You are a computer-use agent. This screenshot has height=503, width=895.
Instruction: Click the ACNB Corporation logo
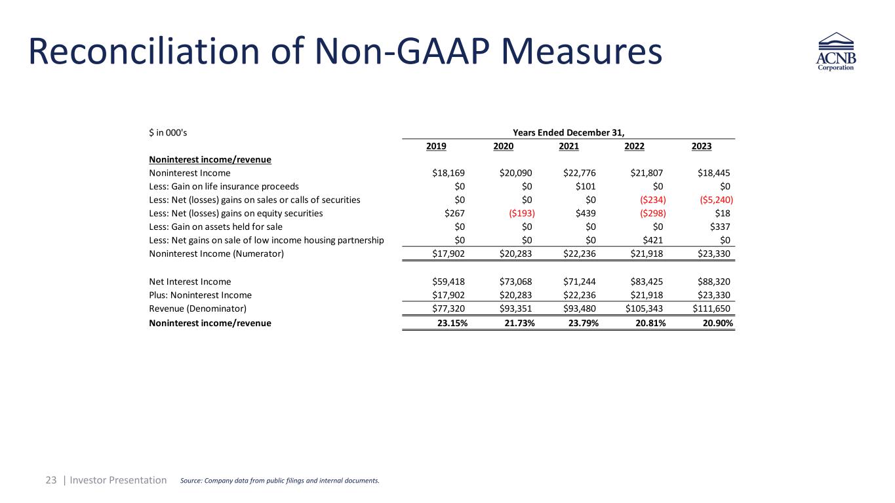click(836, 52)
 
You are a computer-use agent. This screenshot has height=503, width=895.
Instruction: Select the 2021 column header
click(568, 147)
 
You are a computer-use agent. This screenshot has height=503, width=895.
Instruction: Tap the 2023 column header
click(702, 147)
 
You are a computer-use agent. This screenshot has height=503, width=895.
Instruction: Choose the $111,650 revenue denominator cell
click(711, 308)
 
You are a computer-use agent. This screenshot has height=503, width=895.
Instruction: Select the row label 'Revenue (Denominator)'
click(198, 308)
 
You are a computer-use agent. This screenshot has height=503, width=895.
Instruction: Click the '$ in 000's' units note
click(169, 132)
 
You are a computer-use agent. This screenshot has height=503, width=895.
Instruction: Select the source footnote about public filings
click(279, 481)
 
